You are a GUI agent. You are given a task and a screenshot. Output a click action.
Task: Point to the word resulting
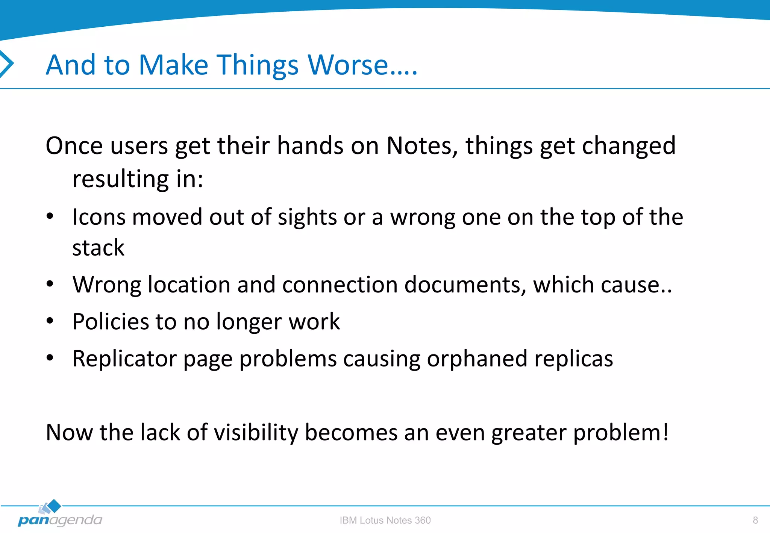pos(120,179)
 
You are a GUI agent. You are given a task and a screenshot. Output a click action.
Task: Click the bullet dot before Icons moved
pos(50,216)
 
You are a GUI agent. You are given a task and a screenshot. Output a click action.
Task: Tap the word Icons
pos(99,217)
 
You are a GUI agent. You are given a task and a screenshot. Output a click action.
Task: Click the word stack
pos(98,248)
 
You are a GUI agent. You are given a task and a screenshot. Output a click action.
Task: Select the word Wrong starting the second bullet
pos(106,285)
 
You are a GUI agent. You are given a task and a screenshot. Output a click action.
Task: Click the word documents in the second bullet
pos(465,285)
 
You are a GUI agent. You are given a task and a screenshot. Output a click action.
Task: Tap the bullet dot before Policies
pos(50,321)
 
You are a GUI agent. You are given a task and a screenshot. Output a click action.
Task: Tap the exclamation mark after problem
pos(665,432)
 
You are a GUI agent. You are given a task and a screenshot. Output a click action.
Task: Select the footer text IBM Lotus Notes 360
pos(385,520)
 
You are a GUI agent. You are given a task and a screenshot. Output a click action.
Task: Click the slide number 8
pos(755,520)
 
